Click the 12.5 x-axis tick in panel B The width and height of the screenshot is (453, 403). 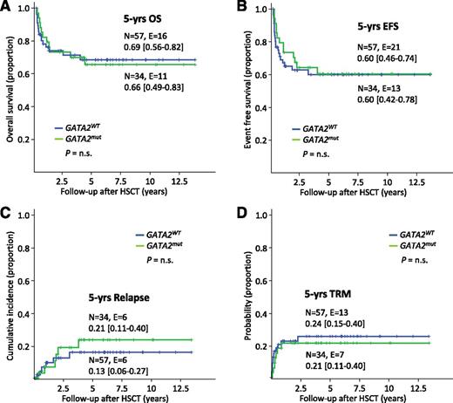point(420,186)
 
